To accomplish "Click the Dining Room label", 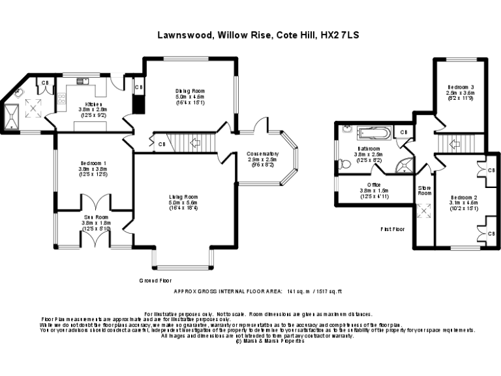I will (x=190, y=91).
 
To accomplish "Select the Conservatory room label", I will (x=262, y=155).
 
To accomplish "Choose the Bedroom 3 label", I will (x=461, y=87).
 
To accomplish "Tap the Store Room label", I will (x=425, y=190).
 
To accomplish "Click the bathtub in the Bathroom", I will (x=372, y=134).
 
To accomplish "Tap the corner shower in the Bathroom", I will (x=406, y=165).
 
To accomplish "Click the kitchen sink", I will (x=83, y=81).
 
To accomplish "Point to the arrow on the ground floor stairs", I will (x=194, y=142).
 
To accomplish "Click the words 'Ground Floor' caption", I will (x=155, y=280).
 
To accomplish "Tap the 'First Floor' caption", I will (x=393, y=229).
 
